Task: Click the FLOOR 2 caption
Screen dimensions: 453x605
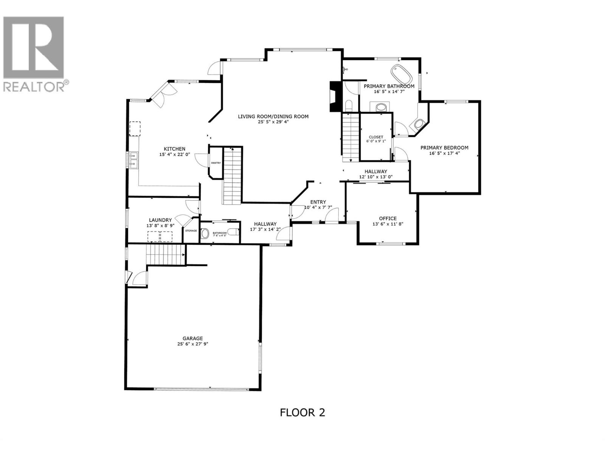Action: (x=302, y=412)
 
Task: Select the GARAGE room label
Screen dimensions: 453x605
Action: (x=192, y=339)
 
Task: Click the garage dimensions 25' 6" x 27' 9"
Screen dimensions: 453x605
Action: (x=192, y=344)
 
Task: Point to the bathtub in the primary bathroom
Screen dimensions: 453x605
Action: (x=401, y=74)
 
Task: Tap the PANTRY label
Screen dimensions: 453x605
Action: (x=216, y=163)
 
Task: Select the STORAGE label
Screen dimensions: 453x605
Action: (x=191, y=231)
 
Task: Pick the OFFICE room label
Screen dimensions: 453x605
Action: (x=388, y=218)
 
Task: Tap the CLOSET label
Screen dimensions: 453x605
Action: (x=375, y=137)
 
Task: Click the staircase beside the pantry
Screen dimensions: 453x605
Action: (x=232, y=176)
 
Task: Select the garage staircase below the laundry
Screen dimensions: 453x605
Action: (x=165, y=254)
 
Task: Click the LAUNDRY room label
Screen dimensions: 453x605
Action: (x=160, y=220)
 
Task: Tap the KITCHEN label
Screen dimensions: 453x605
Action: (x=174, y=149)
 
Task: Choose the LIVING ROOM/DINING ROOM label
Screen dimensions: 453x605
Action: (x=273, y=116)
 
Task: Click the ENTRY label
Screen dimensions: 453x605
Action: (x=318, y=202)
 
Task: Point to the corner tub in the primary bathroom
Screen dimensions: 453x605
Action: (x=419, y=123)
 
